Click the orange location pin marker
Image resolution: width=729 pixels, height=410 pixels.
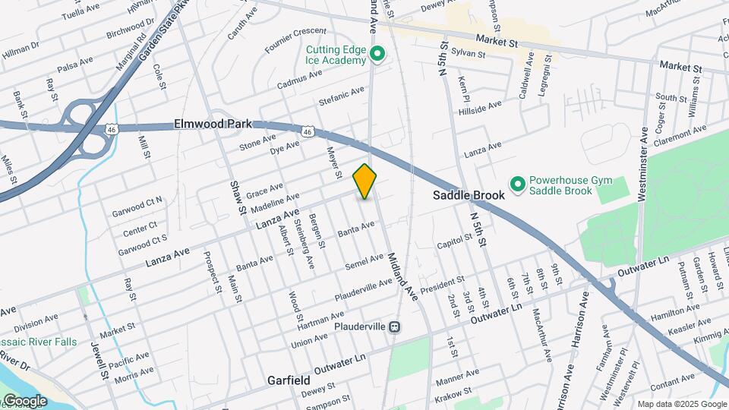pos(365,181)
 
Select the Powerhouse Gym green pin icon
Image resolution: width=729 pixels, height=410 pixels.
pos(518,184)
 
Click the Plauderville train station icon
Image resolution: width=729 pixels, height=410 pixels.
pos(394,326)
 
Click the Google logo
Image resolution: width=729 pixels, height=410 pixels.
pos(24,401)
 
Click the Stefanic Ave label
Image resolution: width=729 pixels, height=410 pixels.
pos(342,97)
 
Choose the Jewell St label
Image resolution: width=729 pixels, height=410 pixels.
pos(99,363)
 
